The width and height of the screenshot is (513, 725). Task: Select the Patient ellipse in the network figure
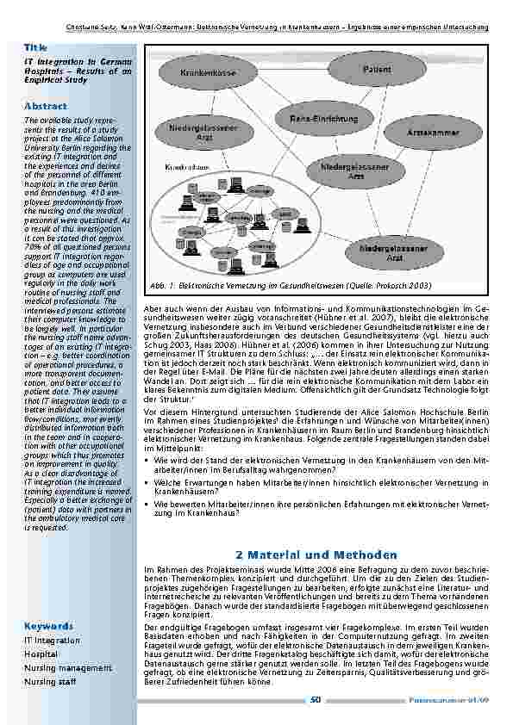pyautogui.click(x=377, y=69)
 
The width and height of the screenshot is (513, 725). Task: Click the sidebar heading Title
pyautogui.click(x=35, y=46)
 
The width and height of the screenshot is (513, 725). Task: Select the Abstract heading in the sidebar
pyautogui.click(x=46, y=106)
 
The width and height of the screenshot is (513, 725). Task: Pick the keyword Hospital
pyautogui.click(x=41, y=654)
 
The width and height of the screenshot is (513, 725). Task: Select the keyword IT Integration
pyautogui.click(x=53, y=640)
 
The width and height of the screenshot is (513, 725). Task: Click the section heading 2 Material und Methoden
pyautogui.click(x=316, y=555)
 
